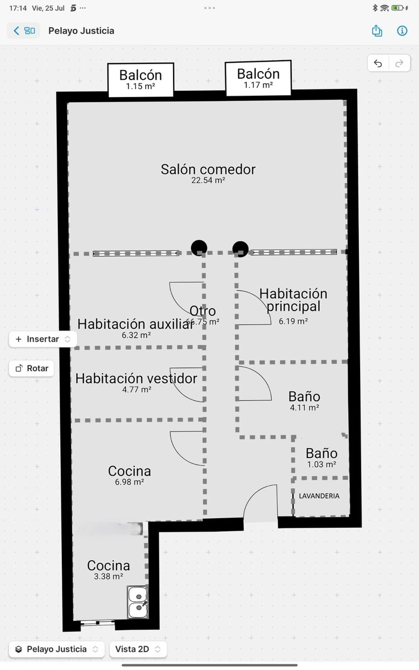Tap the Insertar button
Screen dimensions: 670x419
point(42,339)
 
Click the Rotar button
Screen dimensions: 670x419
point(32,368)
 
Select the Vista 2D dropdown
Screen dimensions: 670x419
point(138,649)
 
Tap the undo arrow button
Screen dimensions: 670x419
point(378,63)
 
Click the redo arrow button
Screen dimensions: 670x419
point(399,63)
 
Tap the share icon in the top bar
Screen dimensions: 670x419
point(377,31)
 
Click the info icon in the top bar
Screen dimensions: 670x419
point(402,31)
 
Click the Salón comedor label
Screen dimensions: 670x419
point(208,170)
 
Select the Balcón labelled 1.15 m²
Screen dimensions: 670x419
point(141,80)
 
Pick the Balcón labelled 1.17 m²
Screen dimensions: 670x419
point(258,78)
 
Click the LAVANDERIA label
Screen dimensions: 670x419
point(319,496)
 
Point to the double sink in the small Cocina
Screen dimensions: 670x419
point(138,602)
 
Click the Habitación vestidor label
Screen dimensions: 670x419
point(136,379)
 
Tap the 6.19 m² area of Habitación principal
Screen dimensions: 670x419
point(293,321)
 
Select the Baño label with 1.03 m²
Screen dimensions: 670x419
point(322,453)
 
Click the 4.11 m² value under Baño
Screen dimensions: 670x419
point(304,408)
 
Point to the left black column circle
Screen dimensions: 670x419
point(199,247)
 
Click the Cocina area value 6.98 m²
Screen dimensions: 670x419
point(129,482)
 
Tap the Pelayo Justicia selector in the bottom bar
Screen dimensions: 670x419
point(57,649)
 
